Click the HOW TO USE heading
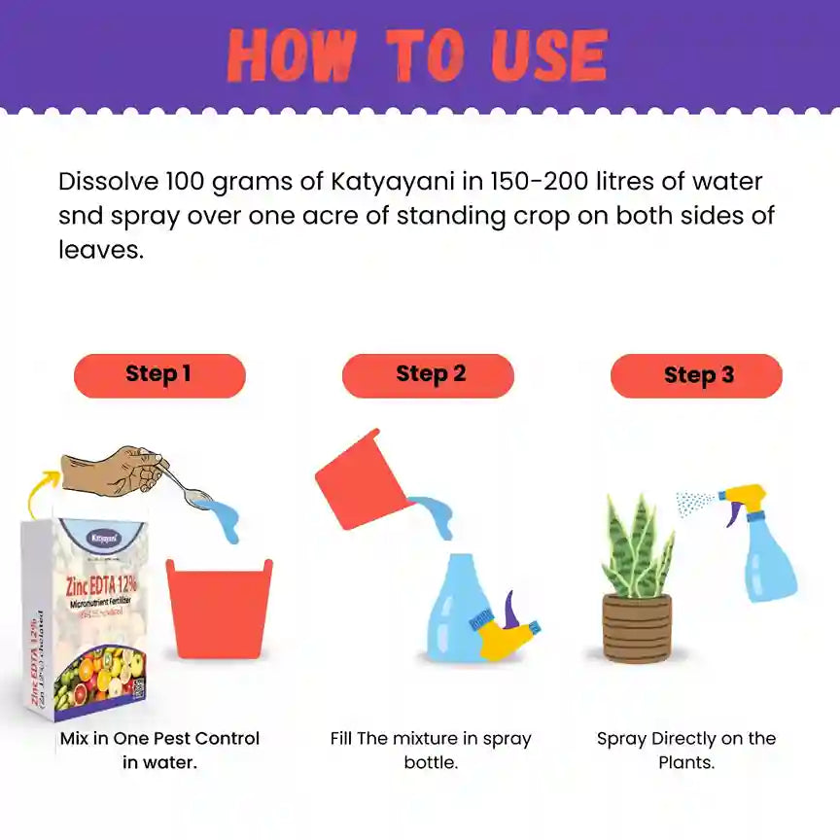coord(417,55)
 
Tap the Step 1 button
coord(159,375)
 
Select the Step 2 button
coord(429,374)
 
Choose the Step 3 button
coord(696,375)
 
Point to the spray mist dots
coord(694,503)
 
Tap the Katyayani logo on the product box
coord(104,538)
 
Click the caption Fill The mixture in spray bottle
coord(430,750)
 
